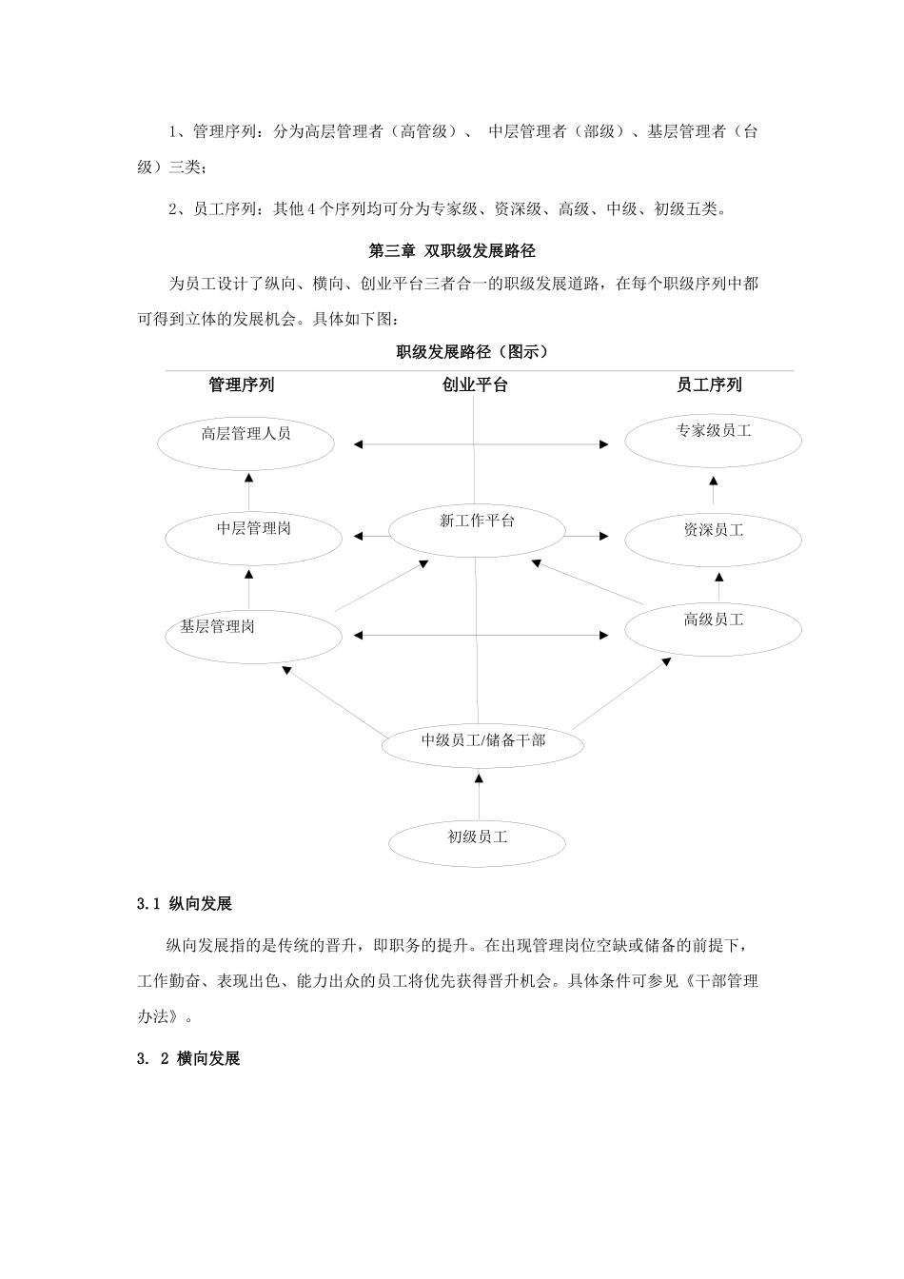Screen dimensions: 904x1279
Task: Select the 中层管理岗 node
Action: tap(253, 538)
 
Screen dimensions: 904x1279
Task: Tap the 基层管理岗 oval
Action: tap(253, 635)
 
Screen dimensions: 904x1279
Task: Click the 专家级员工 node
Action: tap(713, 440)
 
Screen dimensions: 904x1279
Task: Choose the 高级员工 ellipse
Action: tap(713, 628)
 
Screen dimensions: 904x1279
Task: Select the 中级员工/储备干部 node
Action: tap(482, 744)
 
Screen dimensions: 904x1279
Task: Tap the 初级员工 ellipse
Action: tap(478, 842)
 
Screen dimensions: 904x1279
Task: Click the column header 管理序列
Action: tap(242, 384)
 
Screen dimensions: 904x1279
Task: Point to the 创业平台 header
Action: tap(475, 384)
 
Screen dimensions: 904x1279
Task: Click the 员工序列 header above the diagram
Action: tap(709, 384)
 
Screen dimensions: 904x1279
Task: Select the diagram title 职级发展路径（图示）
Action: tap(472, 352)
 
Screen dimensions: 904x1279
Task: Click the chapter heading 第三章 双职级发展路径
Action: tap(452, 251)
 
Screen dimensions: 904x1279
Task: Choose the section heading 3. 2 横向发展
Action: tap(188, 1058)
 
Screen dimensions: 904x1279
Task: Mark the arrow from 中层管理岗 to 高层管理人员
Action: tap(248, 491)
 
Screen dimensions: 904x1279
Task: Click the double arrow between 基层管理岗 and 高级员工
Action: tap(481, 635)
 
